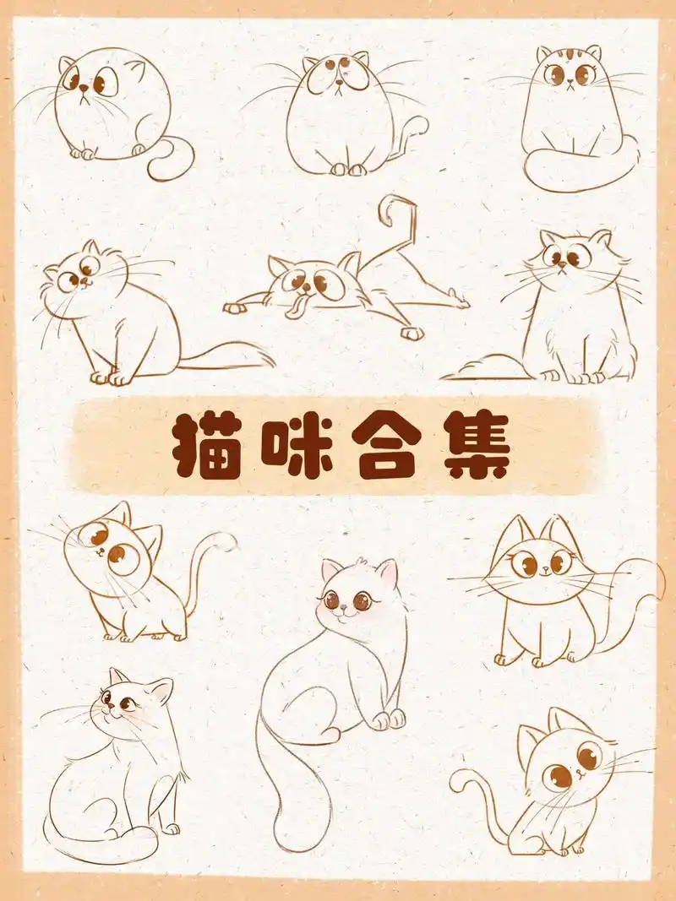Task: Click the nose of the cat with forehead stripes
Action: click(x=571, y=84)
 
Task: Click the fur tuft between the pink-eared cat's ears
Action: click(x=362, y=562)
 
